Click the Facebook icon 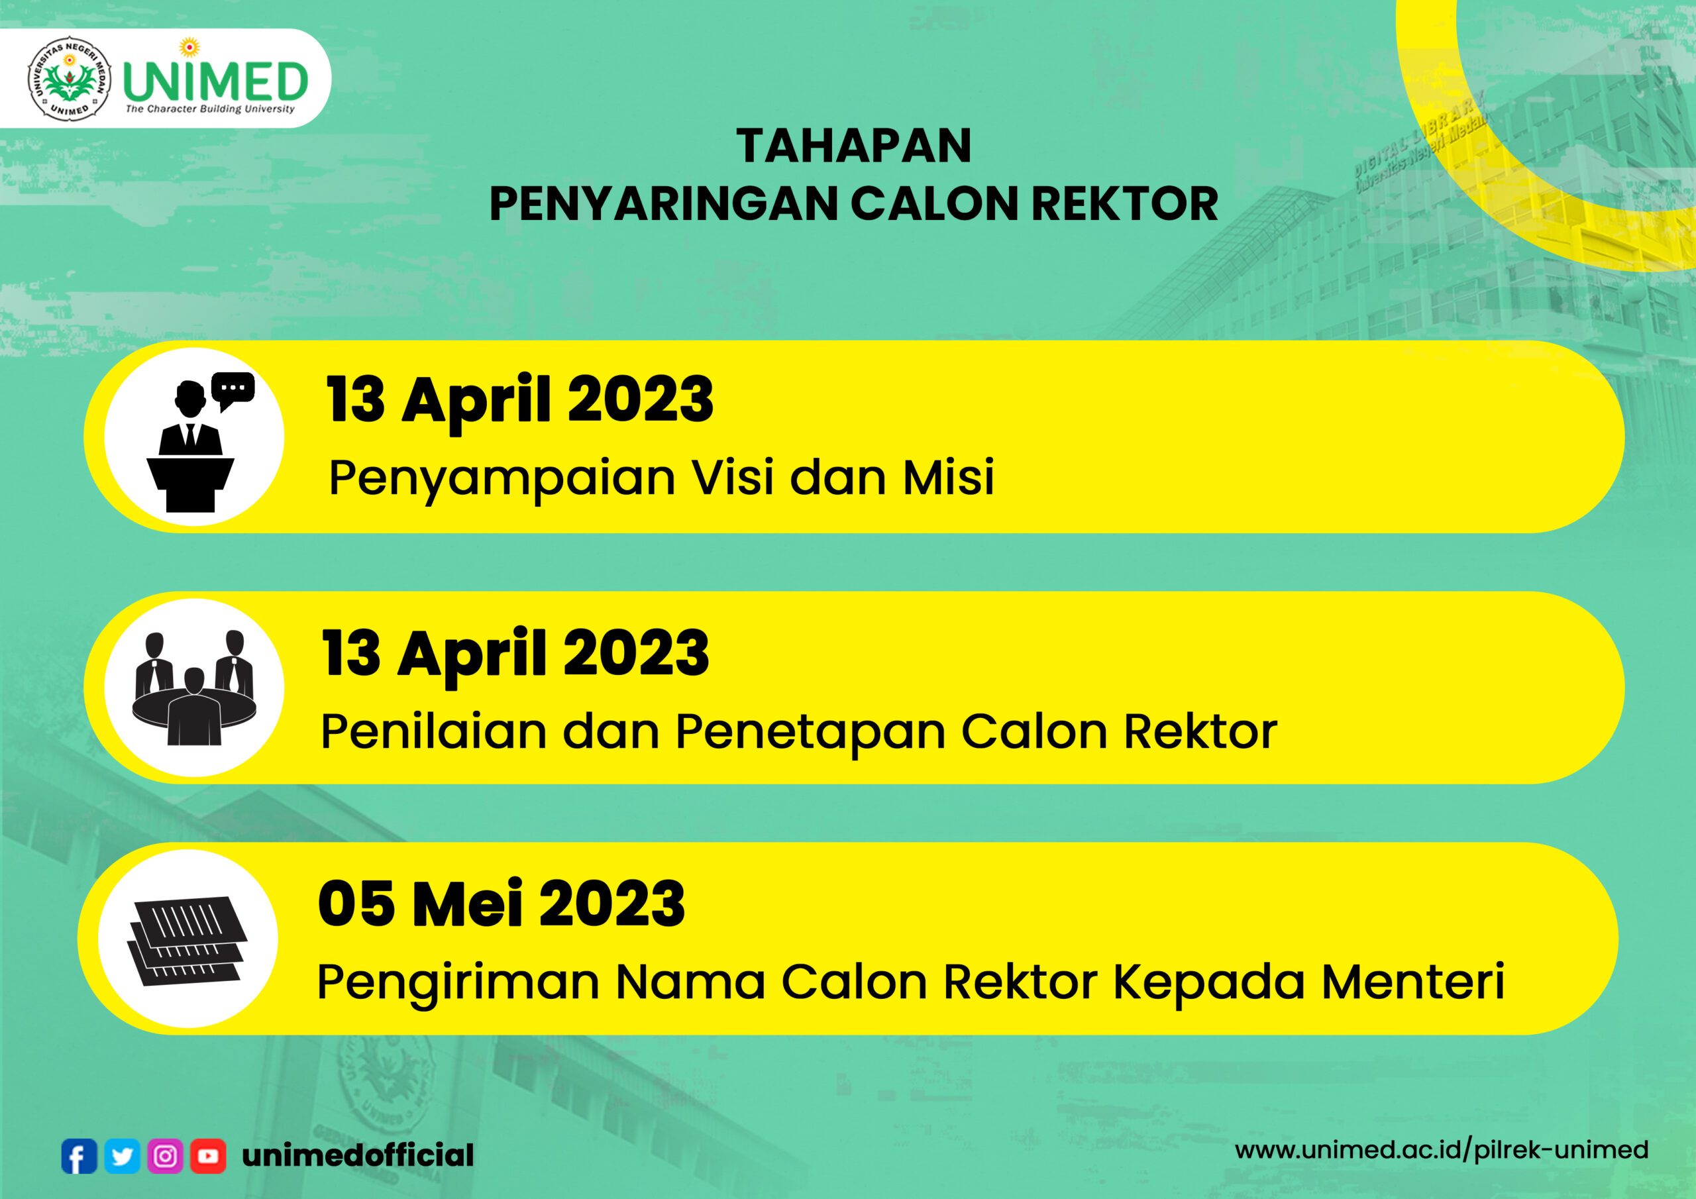pos(79,1156)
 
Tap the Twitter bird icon pos(122,1156)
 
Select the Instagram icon pos(166,1156)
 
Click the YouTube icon pos(208,1156)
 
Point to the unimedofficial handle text pos(358,1155)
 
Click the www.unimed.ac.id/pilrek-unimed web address pos(1441,1150)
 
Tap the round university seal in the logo pos(70,78)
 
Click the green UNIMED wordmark pos(215,81)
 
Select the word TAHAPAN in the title pos(854,146)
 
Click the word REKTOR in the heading pos(1124,204)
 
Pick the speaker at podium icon pos(191,446)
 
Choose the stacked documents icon pos(188,941)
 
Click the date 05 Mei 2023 pos(502,904)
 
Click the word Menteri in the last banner pos(1412,982)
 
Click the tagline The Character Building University pos(210,109)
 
